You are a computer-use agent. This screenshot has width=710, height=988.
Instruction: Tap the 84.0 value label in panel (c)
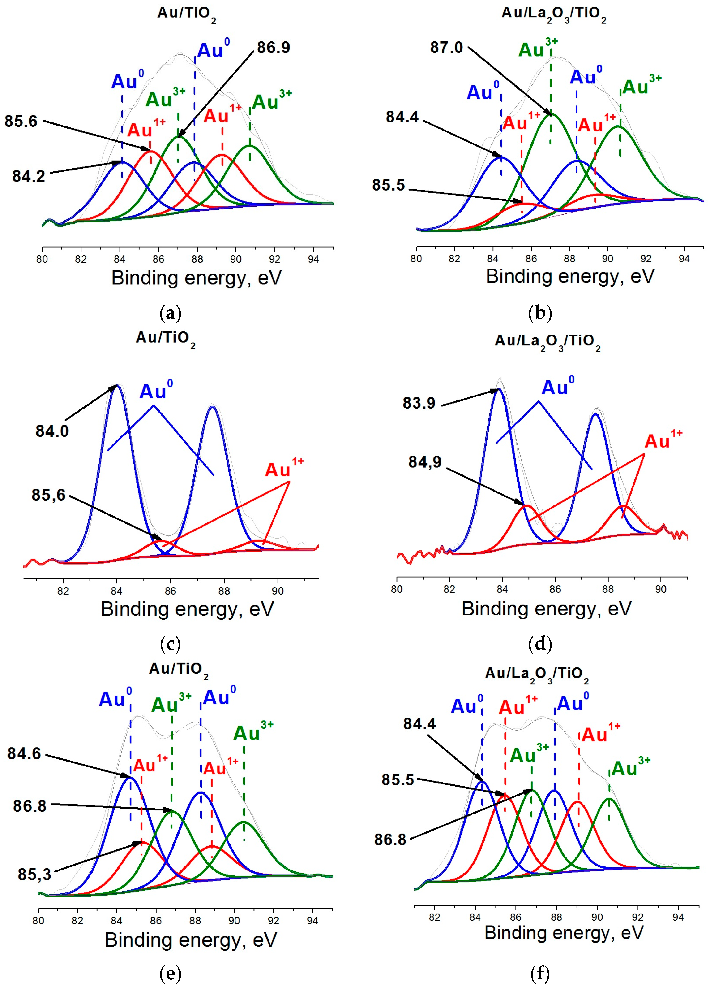[x=52, y=431]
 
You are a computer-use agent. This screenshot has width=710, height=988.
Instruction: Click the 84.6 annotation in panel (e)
[x=24, y=754]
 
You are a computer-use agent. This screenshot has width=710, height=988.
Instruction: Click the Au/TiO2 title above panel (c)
[x=165, y=339]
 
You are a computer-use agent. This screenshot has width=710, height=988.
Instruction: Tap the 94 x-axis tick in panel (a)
[x=313, y=259]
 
